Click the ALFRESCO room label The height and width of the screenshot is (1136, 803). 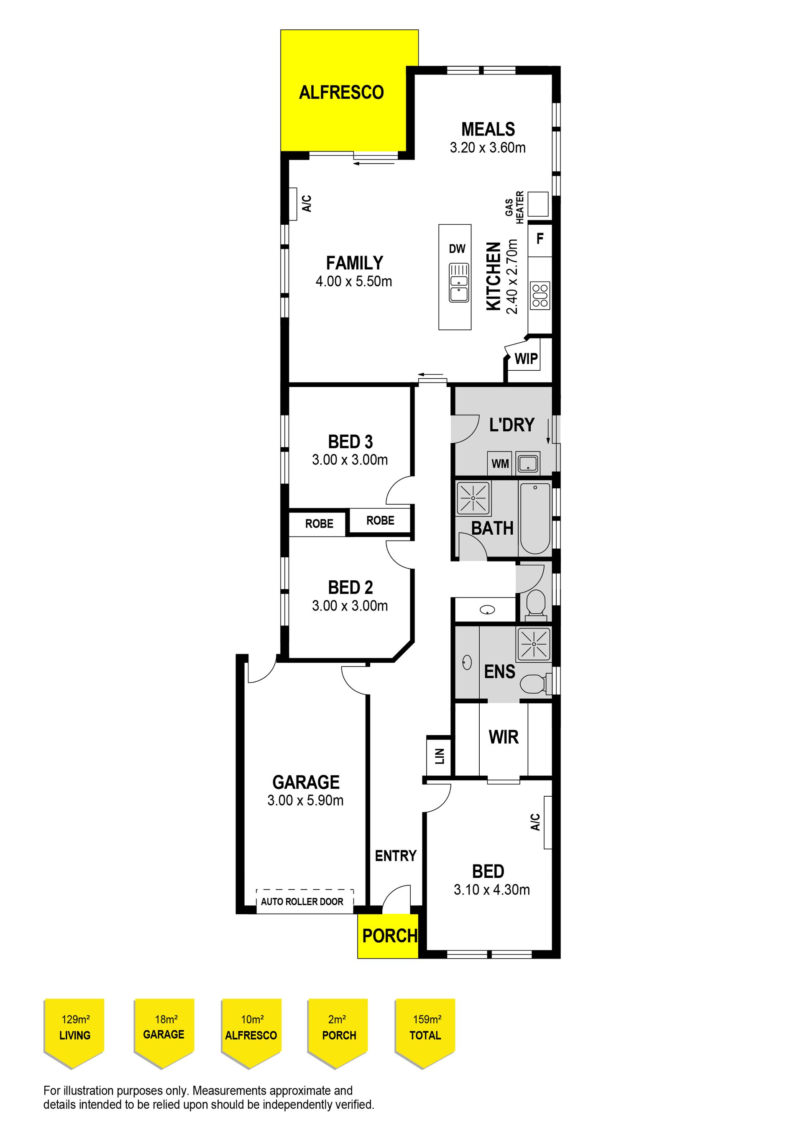click(341, 92)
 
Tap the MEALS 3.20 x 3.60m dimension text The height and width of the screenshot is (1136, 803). click(488, 147)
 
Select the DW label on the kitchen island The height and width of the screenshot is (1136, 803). click(457, 249)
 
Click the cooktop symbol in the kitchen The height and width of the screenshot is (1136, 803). click(540, 295)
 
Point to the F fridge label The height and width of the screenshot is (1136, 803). click(540, 238)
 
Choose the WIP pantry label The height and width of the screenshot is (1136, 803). click(526, 359)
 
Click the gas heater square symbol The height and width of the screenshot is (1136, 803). click(538, 204)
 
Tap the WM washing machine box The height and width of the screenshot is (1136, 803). click(500, 464)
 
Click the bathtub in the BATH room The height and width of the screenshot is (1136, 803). click(535, 518)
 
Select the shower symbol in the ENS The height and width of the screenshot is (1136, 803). click(534, 644)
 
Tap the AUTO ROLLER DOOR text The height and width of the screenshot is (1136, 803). click(302, 901)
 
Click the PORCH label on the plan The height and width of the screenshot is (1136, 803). click(390, 936)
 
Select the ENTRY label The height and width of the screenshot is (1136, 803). click(396, 856)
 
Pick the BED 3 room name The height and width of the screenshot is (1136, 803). click(350, 441)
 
